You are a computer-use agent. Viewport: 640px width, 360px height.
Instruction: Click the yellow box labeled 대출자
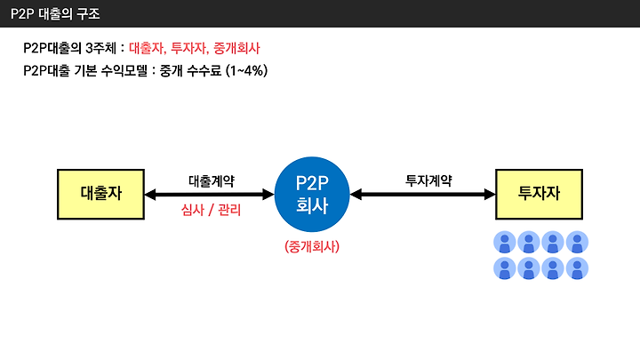point(100,195)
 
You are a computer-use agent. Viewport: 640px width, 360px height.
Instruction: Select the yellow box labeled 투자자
point(539,195)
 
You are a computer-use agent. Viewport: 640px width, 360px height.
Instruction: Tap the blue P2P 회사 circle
point(312,195)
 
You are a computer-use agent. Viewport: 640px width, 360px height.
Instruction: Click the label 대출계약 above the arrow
point(212,180)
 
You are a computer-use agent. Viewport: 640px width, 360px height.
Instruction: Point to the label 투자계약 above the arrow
point(428,180)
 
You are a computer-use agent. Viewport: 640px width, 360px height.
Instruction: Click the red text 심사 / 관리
point(211,210)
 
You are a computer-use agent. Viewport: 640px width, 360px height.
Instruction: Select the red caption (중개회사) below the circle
point(312,246)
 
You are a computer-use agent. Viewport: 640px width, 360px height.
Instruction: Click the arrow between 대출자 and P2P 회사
point(210,195)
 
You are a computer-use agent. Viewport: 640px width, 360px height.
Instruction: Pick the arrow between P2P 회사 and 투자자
point(422,195)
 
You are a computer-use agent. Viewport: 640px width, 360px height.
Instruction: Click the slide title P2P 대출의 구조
point(55,14)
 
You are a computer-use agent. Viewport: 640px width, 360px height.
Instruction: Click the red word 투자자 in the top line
point(189,48)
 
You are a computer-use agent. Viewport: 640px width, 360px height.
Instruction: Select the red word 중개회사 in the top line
point(236,48)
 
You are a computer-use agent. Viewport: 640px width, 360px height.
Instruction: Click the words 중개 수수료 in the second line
point(190,70)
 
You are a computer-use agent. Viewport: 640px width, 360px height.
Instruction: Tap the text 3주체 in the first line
point(100,48)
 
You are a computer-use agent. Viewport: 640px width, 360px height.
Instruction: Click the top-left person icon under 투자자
point(505,242)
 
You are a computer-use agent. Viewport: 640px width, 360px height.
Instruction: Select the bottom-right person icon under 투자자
point(577,268)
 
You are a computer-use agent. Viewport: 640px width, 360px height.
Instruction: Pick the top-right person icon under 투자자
point(577,242)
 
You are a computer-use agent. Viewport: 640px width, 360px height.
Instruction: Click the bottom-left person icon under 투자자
point(505,268)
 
